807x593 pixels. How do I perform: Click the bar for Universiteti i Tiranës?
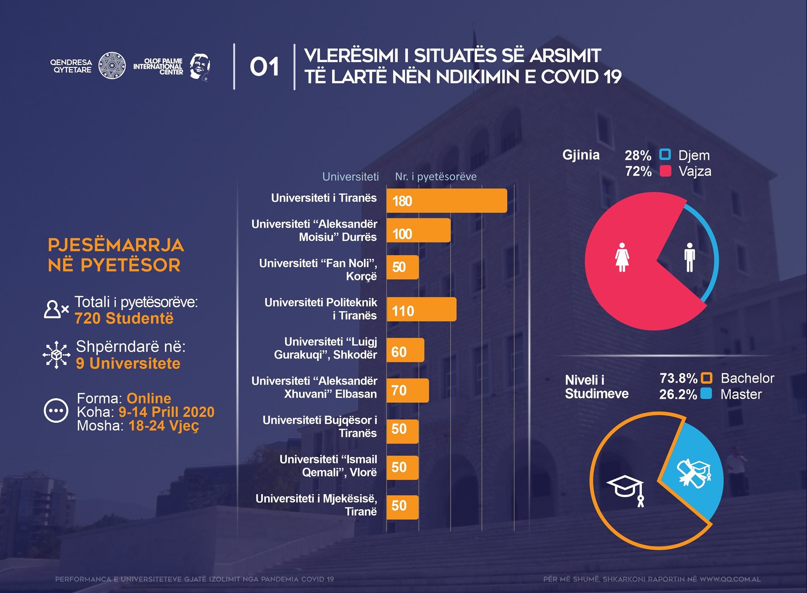point(446,201)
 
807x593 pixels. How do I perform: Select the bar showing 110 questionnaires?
point(421,310)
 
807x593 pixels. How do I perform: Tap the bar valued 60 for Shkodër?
point(405,350)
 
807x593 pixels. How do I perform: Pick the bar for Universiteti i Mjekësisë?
point(402,507)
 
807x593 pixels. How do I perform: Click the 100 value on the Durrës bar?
point(402,234)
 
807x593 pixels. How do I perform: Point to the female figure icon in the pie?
point(622,257)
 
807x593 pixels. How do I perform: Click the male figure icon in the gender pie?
point(690,257)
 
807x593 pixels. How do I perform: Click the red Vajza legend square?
point(665,171)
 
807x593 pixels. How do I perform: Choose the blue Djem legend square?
point(665,154)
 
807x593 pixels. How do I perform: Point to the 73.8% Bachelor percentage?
point(678,378)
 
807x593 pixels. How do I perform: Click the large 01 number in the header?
point(264,67)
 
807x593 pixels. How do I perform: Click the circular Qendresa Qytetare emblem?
point(112,65)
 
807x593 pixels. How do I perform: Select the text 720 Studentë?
point(124,318)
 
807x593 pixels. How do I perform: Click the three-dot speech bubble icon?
point(56,411)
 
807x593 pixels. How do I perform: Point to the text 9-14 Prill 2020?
point(166,412)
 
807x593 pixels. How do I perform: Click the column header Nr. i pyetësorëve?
point(435,177)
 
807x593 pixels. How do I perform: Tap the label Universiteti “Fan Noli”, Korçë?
point(318,270)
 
